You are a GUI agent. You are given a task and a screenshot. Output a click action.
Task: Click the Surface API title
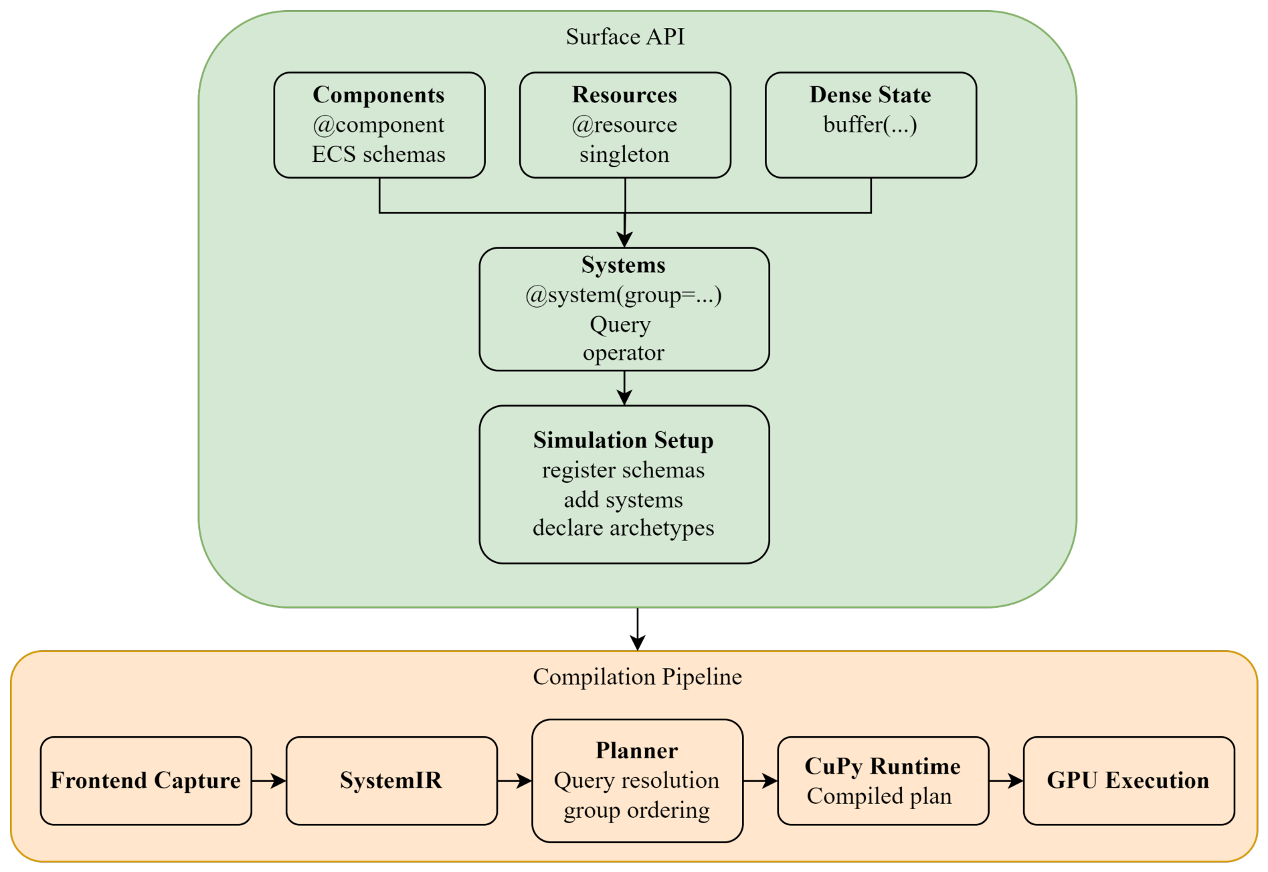coord(625,37)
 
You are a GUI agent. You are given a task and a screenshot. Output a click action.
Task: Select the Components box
coord(379,125)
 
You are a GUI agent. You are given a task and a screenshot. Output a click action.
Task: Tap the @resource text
coord(624,125)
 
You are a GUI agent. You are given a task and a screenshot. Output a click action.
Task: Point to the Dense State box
coord(871,125)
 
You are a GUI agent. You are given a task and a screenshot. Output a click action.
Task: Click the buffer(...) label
coord(870,124)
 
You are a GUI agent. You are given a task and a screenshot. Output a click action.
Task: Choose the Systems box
coord(624,309)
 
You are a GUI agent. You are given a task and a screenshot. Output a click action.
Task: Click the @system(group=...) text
coord(624,295)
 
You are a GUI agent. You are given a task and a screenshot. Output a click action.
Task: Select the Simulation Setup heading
coord(624,440)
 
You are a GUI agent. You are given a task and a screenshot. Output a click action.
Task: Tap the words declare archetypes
coord(624,528)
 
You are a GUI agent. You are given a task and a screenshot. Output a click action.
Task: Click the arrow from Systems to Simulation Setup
coord(624,388)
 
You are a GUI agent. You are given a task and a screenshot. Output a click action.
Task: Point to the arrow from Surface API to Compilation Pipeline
coord(638,629)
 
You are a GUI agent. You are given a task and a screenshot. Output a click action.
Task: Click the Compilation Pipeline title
coord(638,677)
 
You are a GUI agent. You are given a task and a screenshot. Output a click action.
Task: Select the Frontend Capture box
coord(146,780)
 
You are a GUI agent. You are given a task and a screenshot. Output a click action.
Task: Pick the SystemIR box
coord(391,780)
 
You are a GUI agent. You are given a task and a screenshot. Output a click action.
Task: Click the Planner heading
coord(637,750)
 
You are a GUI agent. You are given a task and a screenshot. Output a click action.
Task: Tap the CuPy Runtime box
coord(883,780)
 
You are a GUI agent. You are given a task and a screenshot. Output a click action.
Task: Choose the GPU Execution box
coord(1129,780)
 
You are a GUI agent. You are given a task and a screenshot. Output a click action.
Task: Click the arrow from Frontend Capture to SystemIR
coord(269,780)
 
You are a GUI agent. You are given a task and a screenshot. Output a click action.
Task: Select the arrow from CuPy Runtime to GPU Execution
coord(1006,780)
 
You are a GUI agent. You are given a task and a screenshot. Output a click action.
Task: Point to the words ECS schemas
coord(379,154)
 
